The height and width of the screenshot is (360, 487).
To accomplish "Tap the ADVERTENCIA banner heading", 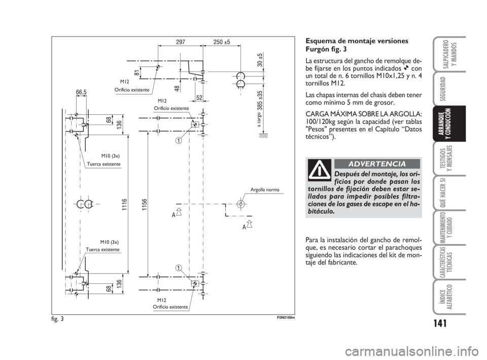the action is pyautogui.click(x=377, y=163).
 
